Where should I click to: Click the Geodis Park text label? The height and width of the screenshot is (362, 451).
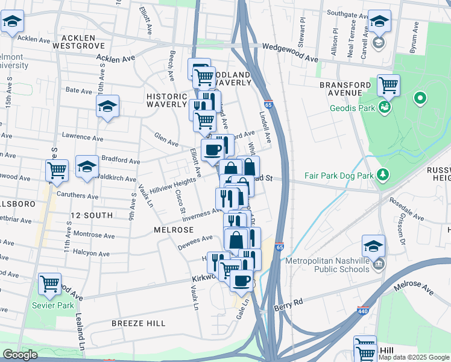[x=353, y=109]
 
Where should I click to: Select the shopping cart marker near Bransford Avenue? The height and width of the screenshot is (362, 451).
[x=389, y=85]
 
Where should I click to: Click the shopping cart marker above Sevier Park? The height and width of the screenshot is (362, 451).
[x=49, y=283]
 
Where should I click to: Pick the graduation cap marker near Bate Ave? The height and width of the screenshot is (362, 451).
[x=107, y=106]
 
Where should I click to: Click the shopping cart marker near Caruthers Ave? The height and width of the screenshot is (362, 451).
[x=57, y=170]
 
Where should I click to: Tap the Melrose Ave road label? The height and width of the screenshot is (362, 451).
[x=413, y=287]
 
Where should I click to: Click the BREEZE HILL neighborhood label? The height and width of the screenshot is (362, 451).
[x=139, y=323]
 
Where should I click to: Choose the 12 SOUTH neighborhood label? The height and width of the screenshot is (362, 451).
[x=91, y=215]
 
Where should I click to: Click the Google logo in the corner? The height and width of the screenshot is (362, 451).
[x=20, y=355]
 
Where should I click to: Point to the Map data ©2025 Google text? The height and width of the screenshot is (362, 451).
[x=414, y=357]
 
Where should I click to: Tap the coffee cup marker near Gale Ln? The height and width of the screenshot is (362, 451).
[x=241, y=280]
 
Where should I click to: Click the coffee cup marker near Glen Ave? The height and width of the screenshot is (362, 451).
[x=212, y=150]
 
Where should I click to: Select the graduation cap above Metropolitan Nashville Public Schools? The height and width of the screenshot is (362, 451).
[x=373, y=246]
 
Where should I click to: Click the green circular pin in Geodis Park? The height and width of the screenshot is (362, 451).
[x=420, y=98]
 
